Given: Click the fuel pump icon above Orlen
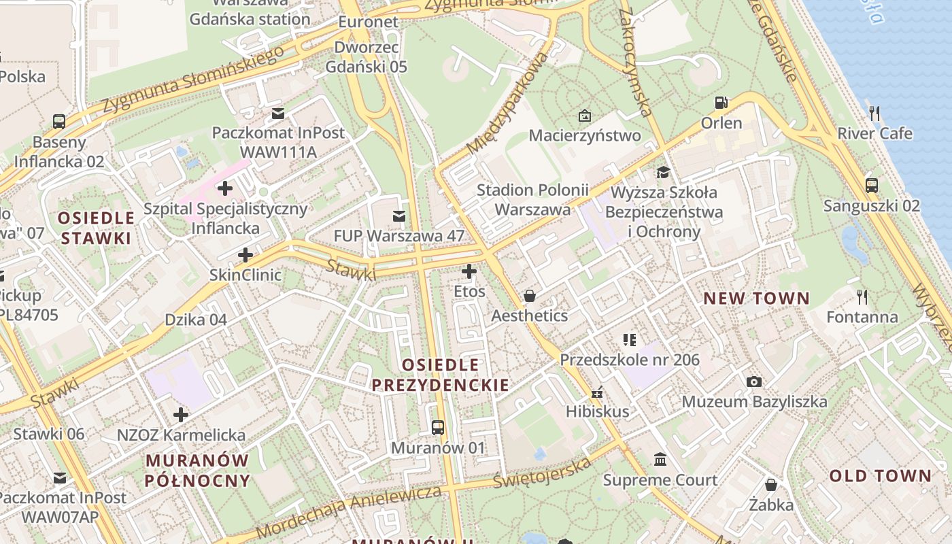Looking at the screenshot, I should click(x=721, y=103).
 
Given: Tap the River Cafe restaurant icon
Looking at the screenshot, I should click(x=874, y=114).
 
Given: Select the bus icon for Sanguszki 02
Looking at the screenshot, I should click(x=871, y=185).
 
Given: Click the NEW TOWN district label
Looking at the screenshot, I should click(x=756, y=298).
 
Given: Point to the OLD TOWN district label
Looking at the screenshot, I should click(x=880, y=475).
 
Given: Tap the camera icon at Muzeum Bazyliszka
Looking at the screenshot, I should click(x=753, y=381).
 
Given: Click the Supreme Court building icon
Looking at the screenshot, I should click(x=660, y=460).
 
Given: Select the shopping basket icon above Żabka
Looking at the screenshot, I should click(x=770, y=485).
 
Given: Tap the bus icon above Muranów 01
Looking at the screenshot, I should click(x=438, y=428).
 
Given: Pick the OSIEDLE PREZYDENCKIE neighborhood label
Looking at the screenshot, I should click(x=441, y=375).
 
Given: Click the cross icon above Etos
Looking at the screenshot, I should click(x=469, y=272).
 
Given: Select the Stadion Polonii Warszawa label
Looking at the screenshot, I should click(x=532, y=199).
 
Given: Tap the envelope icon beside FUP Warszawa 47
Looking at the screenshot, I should click(x=398, y=216).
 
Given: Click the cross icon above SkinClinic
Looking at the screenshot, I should click(x=245, y=256).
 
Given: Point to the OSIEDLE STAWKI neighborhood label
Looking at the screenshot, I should click(x=96, y=228).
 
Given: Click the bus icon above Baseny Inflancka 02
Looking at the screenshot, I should click(x=59, y=122).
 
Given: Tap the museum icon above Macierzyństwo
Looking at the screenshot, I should click(x=584, y=116).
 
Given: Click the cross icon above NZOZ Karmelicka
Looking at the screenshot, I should click(x=181, y=414).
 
